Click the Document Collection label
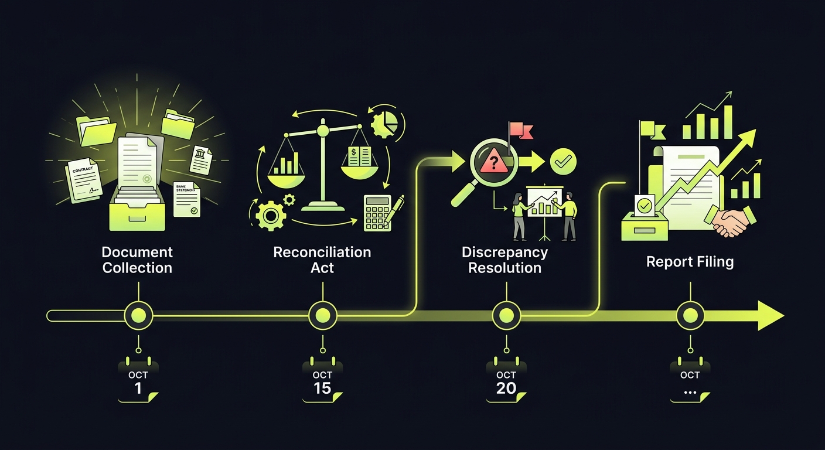pos(137,260)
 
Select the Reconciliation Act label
pos(322,260)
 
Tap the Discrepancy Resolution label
pos(504,260)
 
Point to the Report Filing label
pos(690,261)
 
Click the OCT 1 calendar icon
pos(138,381)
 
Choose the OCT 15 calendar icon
pos(322,381)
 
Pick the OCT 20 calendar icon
pos(506,381)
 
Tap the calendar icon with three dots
pos(690,381)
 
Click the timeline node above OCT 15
pos(322,316)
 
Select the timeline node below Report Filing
pos(690,316)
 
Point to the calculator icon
pos(378,213)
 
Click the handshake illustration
pos(728,221)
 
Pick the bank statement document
pos(187,199)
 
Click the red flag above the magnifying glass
pos(517,130)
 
